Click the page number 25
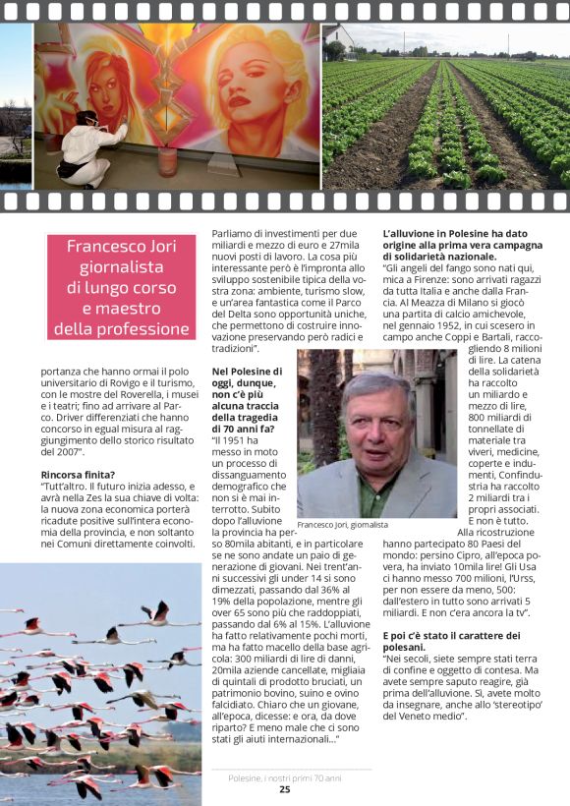(284, 788)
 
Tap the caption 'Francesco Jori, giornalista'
(342, 525)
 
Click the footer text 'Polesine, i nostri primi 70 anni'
(284, 777)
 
